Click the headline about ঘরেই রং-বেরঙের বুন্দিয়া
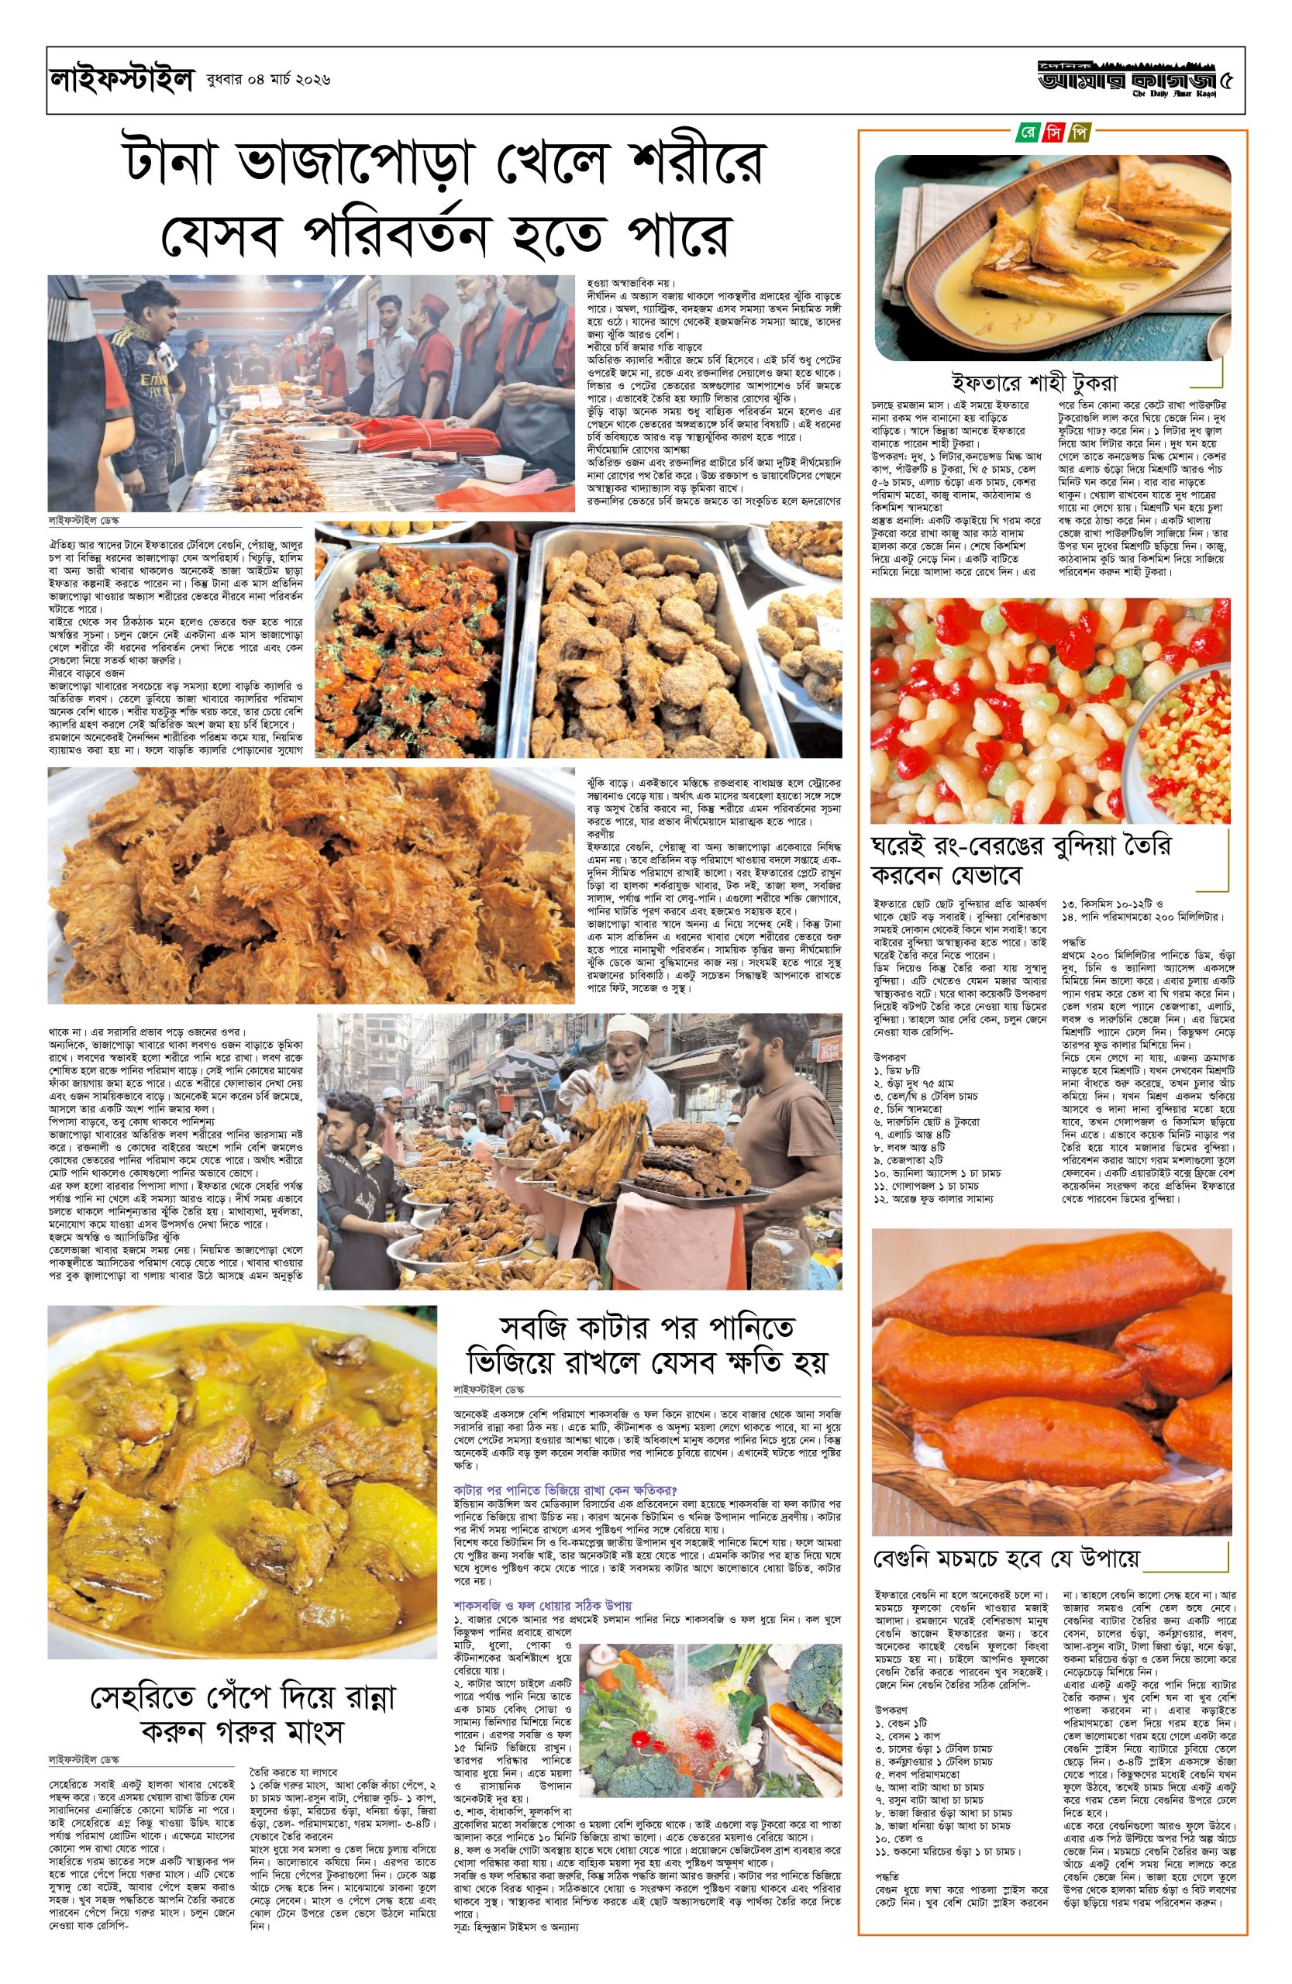pyautogui.click(x=1021, y=860)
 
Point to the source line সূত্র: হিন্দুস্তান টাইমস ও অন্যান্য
pyautogui.click(x=516, y=1927)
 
